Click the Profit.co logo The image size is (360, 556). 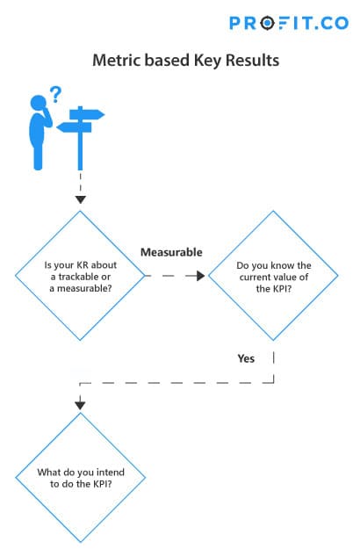coord(289,24)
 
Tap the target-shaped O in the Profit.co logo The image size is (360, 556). coord(267,24)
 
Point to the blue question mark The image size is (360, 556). coord(55,94)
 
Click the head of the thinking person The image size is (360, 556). coord(38,103)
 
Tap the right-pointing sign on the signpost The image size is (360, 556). coord(87,114)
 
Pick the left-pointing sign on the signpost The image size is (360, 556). coord(74,127)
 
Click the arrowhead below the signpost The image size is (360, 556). coord(81,199)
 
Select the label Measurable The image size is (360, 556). coord(171,252)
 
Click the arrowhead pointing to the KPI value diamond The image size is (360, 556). coord(201,276)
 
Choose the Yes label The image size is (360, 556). coord(246,358)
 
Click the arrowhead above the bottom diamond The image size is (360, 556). coord(80,405)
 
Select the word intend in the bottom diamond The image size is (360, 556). coord(111,472)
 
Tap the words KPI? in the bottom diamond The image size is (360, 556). coord(103,484)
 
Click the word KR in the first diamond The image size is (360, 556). coord(83,265)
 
